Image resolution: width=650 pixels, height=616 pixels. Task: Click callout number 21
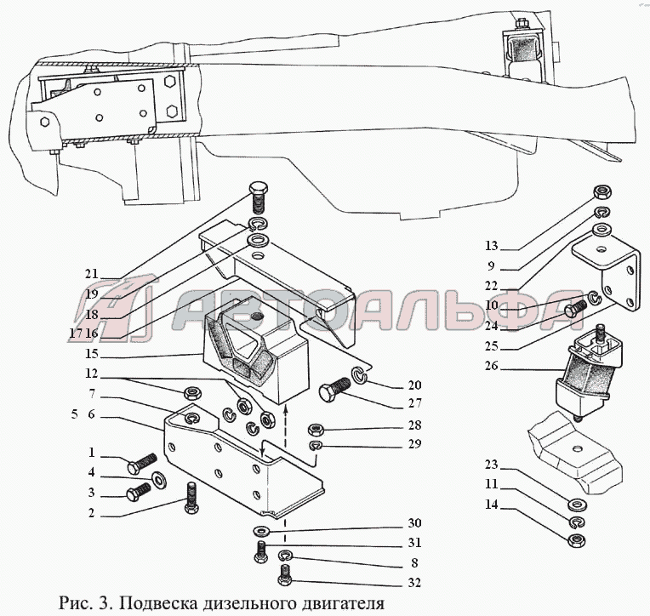pos(92,274)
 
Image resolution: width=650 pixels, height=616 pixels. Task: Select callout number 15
pos(92,353)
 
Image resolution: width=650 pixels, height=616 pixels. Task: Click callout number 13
pos(491,246)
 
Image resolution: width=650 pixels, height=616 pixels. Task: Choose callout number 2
pos(92,513)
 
